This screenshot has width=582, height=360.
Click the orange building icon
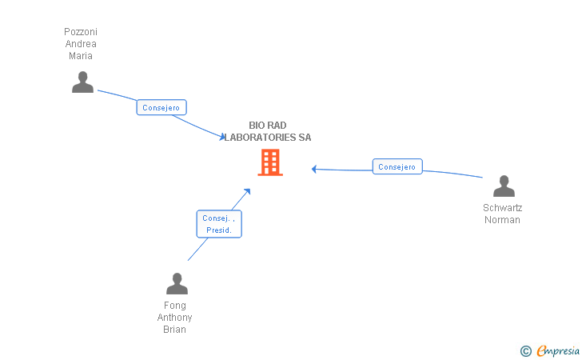tap(269, 162)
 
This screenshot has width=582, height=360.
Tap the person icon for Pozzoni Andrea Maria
tap(82, 82)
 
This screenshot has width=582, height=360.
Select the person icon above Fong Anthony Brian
tap(177, 283)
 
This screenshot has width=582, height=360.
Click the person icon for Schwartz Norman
tap(504, 186)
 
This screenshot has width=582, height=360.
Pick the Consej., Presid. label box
tap(219, 224)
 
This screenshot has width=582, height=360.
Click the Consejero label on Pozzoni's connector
tap(161, 107)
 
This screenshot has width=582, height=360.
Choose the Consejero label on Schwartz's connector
tap(397, 167)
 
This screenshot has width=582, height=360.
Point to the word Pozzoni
tap(81, 32)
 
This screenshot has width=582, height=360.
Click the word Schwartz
tap(502, 208)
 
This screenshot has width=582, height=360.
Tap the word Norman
tap(502, 220)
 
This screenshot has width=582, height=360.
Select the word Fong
tap(175, 306)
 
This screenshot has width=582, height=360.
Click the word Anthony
tap(175, 318)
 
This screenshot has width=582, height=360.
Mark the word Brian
tap(175, 330)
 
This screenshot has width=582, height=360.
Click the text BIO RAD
tap(267, 126)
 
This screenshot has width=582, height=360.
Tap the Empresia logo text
tap(559, 350)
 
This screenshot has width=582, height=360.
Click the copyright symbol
tap(525, 350)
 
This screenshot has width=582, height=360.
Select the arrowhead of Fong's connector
tap(248, 190)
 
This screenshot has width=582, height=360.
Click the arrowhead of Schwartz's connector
tap(314, 169)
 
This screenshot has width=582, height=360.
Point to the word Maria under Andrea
tap(81, 56)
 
